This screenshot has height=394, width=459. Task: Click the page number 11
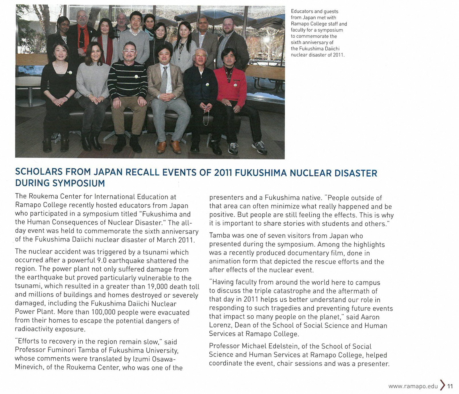(x=450, y=386)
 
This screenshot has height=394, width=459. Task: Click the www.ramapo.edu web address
(x=413, y=386)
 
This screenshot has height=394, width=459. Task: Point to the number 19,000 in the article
(x=157, y=286)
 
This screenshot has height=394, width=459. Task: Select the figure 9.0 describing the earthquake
(x=102, y=261)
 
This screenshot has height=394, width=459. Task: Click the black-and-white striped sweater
(x=127, y=82)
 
